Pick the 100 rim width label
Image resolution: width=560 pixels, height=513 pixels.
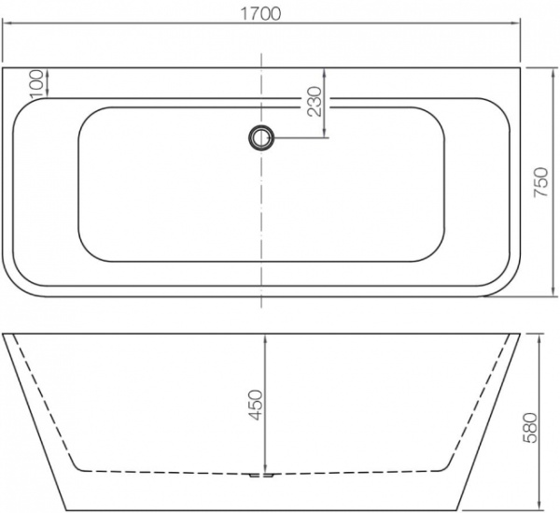coord(36,82)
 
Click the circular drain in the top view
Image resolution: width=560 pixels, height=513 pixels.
coord(260,138)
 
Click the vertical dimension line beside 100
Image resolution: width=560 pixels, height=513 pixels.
coord(46,82)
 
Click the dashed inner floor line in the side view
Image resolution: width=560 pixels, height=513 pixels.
coord(168,469)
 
